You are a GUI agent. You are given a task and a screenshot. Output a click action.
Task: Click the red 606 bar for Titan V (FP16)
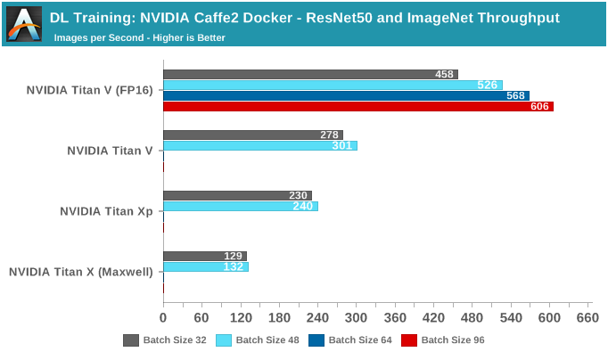click(x=357, y=107)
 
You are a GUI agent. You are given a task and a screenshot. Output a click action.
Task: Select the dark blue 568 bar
click(x=346, y=96)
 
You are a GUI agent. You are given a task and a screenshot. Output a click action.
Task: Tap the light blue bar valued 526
click(x=333, y=86)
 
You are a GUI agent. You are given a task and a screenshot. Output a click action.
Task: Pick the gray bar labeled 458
click(x=310, y=75)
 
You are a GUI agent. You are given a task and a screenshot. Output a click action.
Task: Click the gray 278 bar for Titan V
click(x=252, y=135)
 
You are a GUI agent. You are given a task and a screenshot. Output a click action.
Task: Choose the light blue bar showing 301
click(x=259, y=145)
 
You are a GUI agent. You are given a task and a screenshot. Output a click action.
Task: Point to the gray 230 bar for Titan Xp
click(x=237, y=196)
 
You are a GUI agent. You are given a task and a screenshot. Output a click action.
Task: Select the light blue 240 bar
click(x=241, y=206)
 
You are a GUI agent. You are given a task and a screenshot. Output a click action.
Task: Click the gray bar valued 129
click(x=204, y=257)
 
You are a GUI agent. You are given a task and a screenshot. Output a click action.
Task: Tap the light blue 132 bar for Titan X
click(x=206, y=266)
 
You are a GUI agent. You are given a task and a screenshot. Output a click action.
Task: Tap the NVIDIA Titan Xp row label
click(x=106, y=211)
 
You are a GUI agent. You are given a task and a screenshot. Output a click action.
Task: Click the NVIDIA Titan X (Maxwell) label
click(x=80, y=272)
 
